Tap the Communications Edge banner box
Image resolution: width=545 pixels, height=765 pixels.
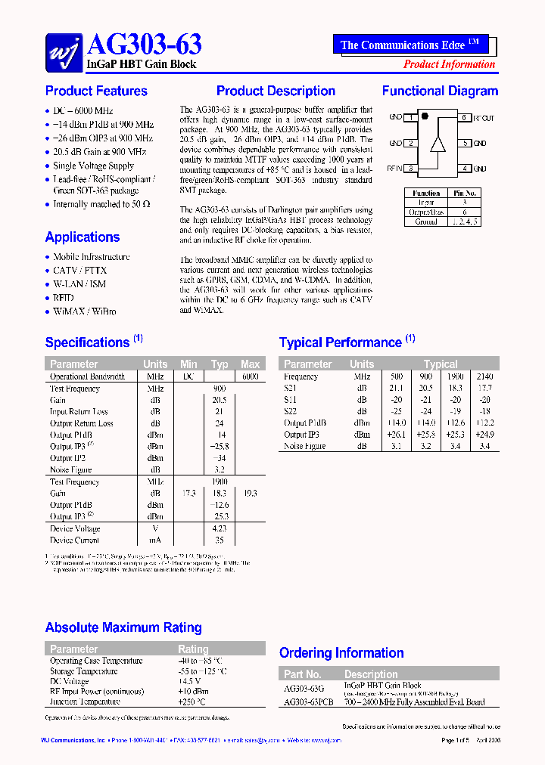pyautogui.click(x=410, y=45)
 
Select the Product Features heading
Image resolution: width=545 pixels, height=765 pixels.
pyautogui.click(x=96, y=91)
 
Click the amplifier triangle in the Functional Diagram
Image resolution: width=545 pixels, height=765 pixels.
pyautogui.click(x=437, y=144)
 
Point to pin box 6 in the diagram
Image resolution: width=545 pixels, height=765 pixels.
pyautogui.click(x=462, y=118)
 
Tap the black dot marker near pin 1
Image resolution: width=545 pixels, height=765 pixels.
pyautogui.click(x=425, y=116)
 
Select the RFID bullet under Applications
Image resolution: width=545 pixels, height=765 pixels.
pyautogui.click(x=64, y=298)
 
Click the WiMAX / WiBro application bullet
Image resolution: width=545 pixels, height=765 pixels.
pyautogui.click(x=84, y=311)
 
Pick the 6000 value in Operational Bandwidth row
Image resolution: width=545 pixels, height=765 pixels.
pyautogui.click(x=250, y=376)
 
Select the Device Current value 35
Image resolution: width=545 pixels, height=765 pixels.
pyautogui.click(x=220, y=540)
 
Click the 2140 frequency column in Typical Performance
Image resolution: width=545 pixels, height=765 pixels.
pyautogui.click(x=484, y=376)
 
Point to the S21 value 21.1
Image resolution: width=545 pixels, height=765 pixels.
pyautogui.click(x=396, y=388)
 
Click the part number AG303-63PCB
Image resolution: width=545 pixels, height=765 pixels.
pyautogui.click(x=309, y=702)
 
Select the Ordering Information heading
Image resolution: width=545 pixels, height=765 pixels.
pyautogui.click(x=341, y=653)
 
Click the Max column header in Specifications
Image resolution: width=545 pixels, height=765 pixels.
pyautogui.click(x=250, y=364)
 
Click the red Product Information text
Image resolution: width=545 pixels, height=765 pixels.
pyautogui.click(x=449, y=64)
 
